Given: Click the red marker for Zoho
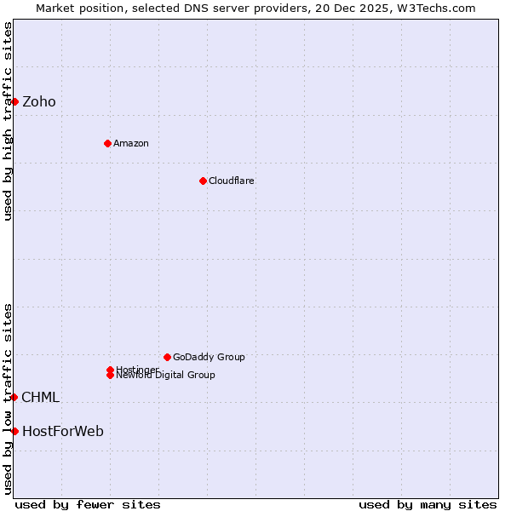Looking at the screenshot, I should pos(14,102).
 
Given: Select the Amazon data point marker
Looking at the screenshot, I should pos(107,143).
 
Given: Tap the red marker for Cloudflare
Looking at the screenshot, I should pos(203,181).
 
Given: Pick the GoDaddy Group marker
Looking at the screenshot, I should pos(167,357).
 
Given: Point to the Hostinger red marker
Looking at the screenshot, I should pos(111,370).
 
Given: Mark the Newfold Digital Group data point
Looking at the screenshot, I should pos(111,375).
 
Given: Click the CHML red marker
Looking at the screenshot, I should pos(14,397).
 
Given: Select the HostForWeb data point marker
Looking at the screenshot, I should pos(14,431).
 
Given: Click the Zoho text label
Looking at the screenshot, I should pos(39,102).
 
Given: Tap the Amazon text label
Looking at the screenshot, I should pos(131,143).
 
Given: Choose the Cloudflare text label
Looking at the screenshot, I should pos(232,181).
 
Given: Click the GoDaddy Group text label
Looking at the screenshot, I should pos(209,357).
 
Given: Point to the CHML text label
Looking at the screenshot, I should pos(41,397).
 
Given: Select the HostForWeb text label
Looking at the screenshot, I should pos(63,431).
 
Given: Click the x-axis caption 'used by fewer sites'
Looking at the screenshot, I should pos(88,504).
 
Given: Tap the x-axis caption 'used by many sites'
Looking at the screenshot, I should pos(428,504).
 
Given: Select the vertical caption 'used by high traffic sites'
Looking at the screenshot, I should pos(8,121).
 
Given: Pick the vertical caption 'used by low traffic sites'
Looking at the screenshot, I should pos(8,399).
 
